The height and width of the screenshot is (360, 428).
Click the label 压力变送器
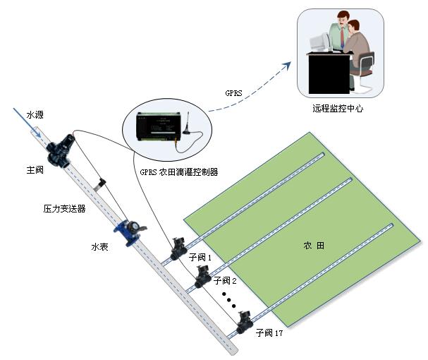click(64, 208)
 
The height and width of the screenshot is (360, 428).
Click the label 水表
click(99, 247)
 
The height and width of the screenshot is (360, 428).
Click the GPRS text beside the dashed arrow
click(233, 92)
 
